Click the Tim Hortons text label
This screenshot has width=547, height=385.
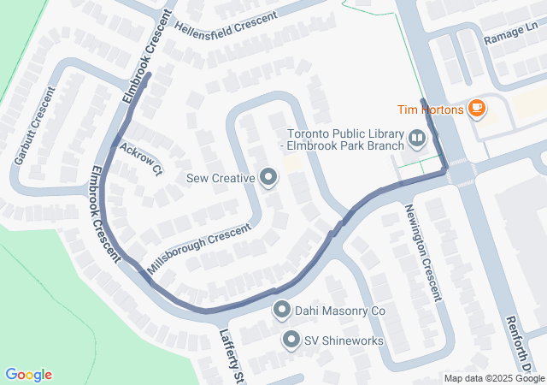[x=431, y=110]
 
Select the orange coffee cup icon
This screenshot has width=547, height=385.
[x=476, y=109]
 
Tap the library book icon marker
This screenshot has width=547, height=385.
[x=416, y=137]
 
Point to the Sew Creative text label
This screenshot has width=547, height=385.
[x=221, y=179]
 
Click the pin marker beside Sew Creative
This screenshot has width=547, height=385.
[x=268, y=178]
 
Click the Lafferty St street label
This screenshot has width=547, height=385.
[x=231, y=356]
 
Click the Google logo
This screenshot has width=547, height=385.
[x=28, y=375]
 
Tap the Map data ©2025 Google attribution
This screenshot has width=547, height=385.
[x=494, y=379]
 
